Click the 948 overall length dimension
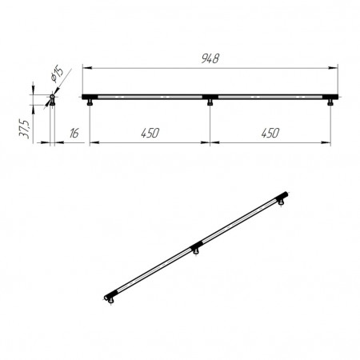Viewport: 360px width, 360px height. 210,58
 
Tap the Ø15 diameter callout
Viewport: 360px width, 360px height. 57,74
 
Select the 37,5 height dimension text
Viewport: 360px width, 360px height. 24,129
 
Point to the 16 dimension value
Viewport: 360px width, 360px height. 74,133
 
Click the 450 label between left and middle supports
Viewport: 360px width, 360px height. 150,133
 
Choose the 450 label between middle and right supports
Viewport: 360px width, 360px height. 270,133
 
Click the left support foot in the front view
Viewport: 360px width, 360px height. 90,102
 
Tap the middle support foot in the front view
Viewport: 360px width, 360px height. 210,102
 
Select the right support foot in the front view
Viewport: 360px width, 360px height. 330,102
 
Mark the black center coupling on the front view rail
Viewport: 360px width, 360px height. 210,97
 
